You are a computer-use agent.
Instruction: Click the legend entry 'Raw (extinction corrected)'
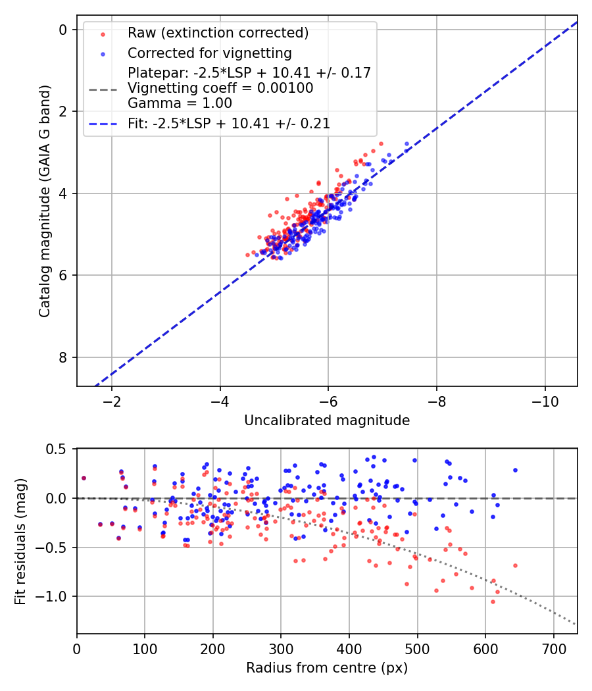coord(218,33)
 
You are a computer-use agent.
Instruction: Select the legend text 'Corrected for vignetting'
coord(210,53)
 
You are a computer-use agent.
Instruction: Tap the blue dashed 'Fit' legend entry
coord(229,123)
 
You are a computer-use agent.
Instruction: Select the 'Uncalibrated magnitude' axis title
coord(327,421)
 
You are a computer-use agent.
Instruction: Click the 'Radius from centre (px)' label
coord(327,668)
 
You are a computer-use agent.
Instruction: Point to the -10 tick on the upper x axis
coord(545,401)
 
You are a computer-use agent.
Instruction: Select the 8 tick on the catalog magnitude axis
coord(63,357)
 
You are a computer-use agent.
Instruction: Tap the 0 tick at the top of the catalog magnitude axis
coord(63,30)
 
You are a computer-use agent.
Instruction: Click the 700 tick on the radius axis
coord(553,648)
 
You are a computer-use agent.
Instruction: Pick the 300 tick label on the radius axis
coord(281,648)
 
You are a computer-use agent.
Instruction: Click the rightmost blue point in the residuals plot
coord(515,470)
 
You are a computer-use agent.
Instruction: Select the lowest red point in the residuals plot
coord(493,601)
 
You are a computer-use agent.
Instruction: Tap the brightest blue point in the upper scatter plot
coord(407,143)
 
